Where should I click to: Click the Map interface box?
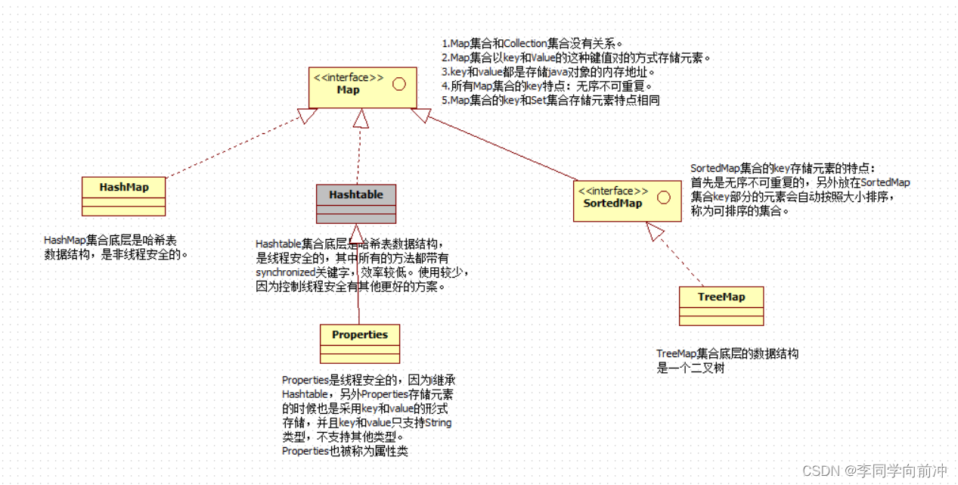(x=361, y=86)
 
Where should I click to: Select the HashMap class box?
(x=123, y=195)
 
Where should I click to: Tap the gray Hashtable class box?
(x=355, y=203)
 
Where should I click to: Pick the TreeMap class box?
(x=721, y=305)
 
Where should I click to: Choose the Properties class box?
(x=359, y=344)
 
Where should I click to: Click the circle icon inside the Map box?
(x=399, y=84)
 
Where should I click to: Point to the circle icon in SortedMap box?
(x=663, y=197)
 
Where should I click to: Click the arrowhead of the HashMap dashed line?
(x=306, y=116)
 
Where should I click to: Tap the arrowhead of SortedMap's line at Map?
(x=420, y=115)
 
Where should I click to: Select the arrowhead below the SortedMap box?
(x=654, y=232)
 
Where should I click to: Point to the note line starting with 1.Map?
(x=532, y=44)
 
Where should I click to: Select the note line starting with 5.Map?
(x=550, y=100)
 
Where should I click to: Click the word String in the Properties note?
(x=439, y=422)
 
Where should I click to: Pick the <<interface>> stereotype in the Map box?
(x=348, y=77)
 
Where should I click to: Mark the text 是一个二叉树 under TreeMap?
(x=691, y=368)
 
